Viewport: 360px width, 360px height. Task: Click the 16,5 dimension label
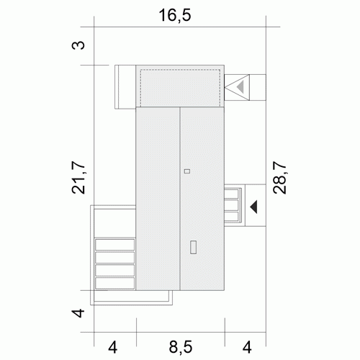click(x=175, y=15)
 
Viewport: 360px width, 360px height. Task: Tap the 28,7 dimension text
click(x=279, y=178)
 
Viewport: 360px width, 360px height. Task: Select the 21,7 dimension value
click(x=78, y=178)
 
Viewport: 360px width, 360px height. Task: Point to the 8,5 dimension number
click(x=181, y=347)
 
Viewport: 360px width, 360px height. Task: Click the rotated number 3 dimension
click(x=78, y=45)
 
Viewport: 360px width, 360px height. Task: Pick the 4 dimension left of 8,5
click(x=112, y=347)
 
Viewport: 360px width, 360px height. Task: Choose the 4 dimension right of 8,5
click(x=247, y=347)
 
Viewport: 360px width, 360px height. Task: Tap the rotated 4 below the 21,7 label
click(x=78, y=313)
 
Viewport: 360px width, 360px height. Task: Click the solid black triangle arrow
click(x=254, y=207)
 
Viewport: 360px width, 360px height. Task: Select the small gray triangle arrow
click(x=241, y=87)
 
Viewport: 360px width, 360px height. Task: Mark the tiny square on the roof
click(x=187, y=171)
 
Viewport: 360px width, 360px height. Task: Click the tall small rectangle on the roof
click(x=194, y=247)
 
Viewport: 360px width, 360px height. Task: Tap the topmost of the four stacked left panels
click(x=115, y=245)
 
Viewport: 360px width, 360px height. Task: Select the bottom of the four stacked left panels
click(x=115, y=283)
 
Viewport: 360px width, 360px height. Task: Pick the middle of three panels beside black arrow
click(x=231, y=205)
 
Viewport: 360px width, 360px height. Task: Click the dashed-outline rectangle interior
click(x=180, y=88)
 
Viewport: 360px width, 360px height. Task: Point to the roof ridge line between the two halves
click(x=180, y=199)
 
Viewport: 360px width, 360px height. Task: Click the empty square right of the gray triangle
click(x=258, y=87)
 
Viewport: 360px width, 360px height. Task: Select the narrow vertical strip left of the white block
click(x=117, y=87)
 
